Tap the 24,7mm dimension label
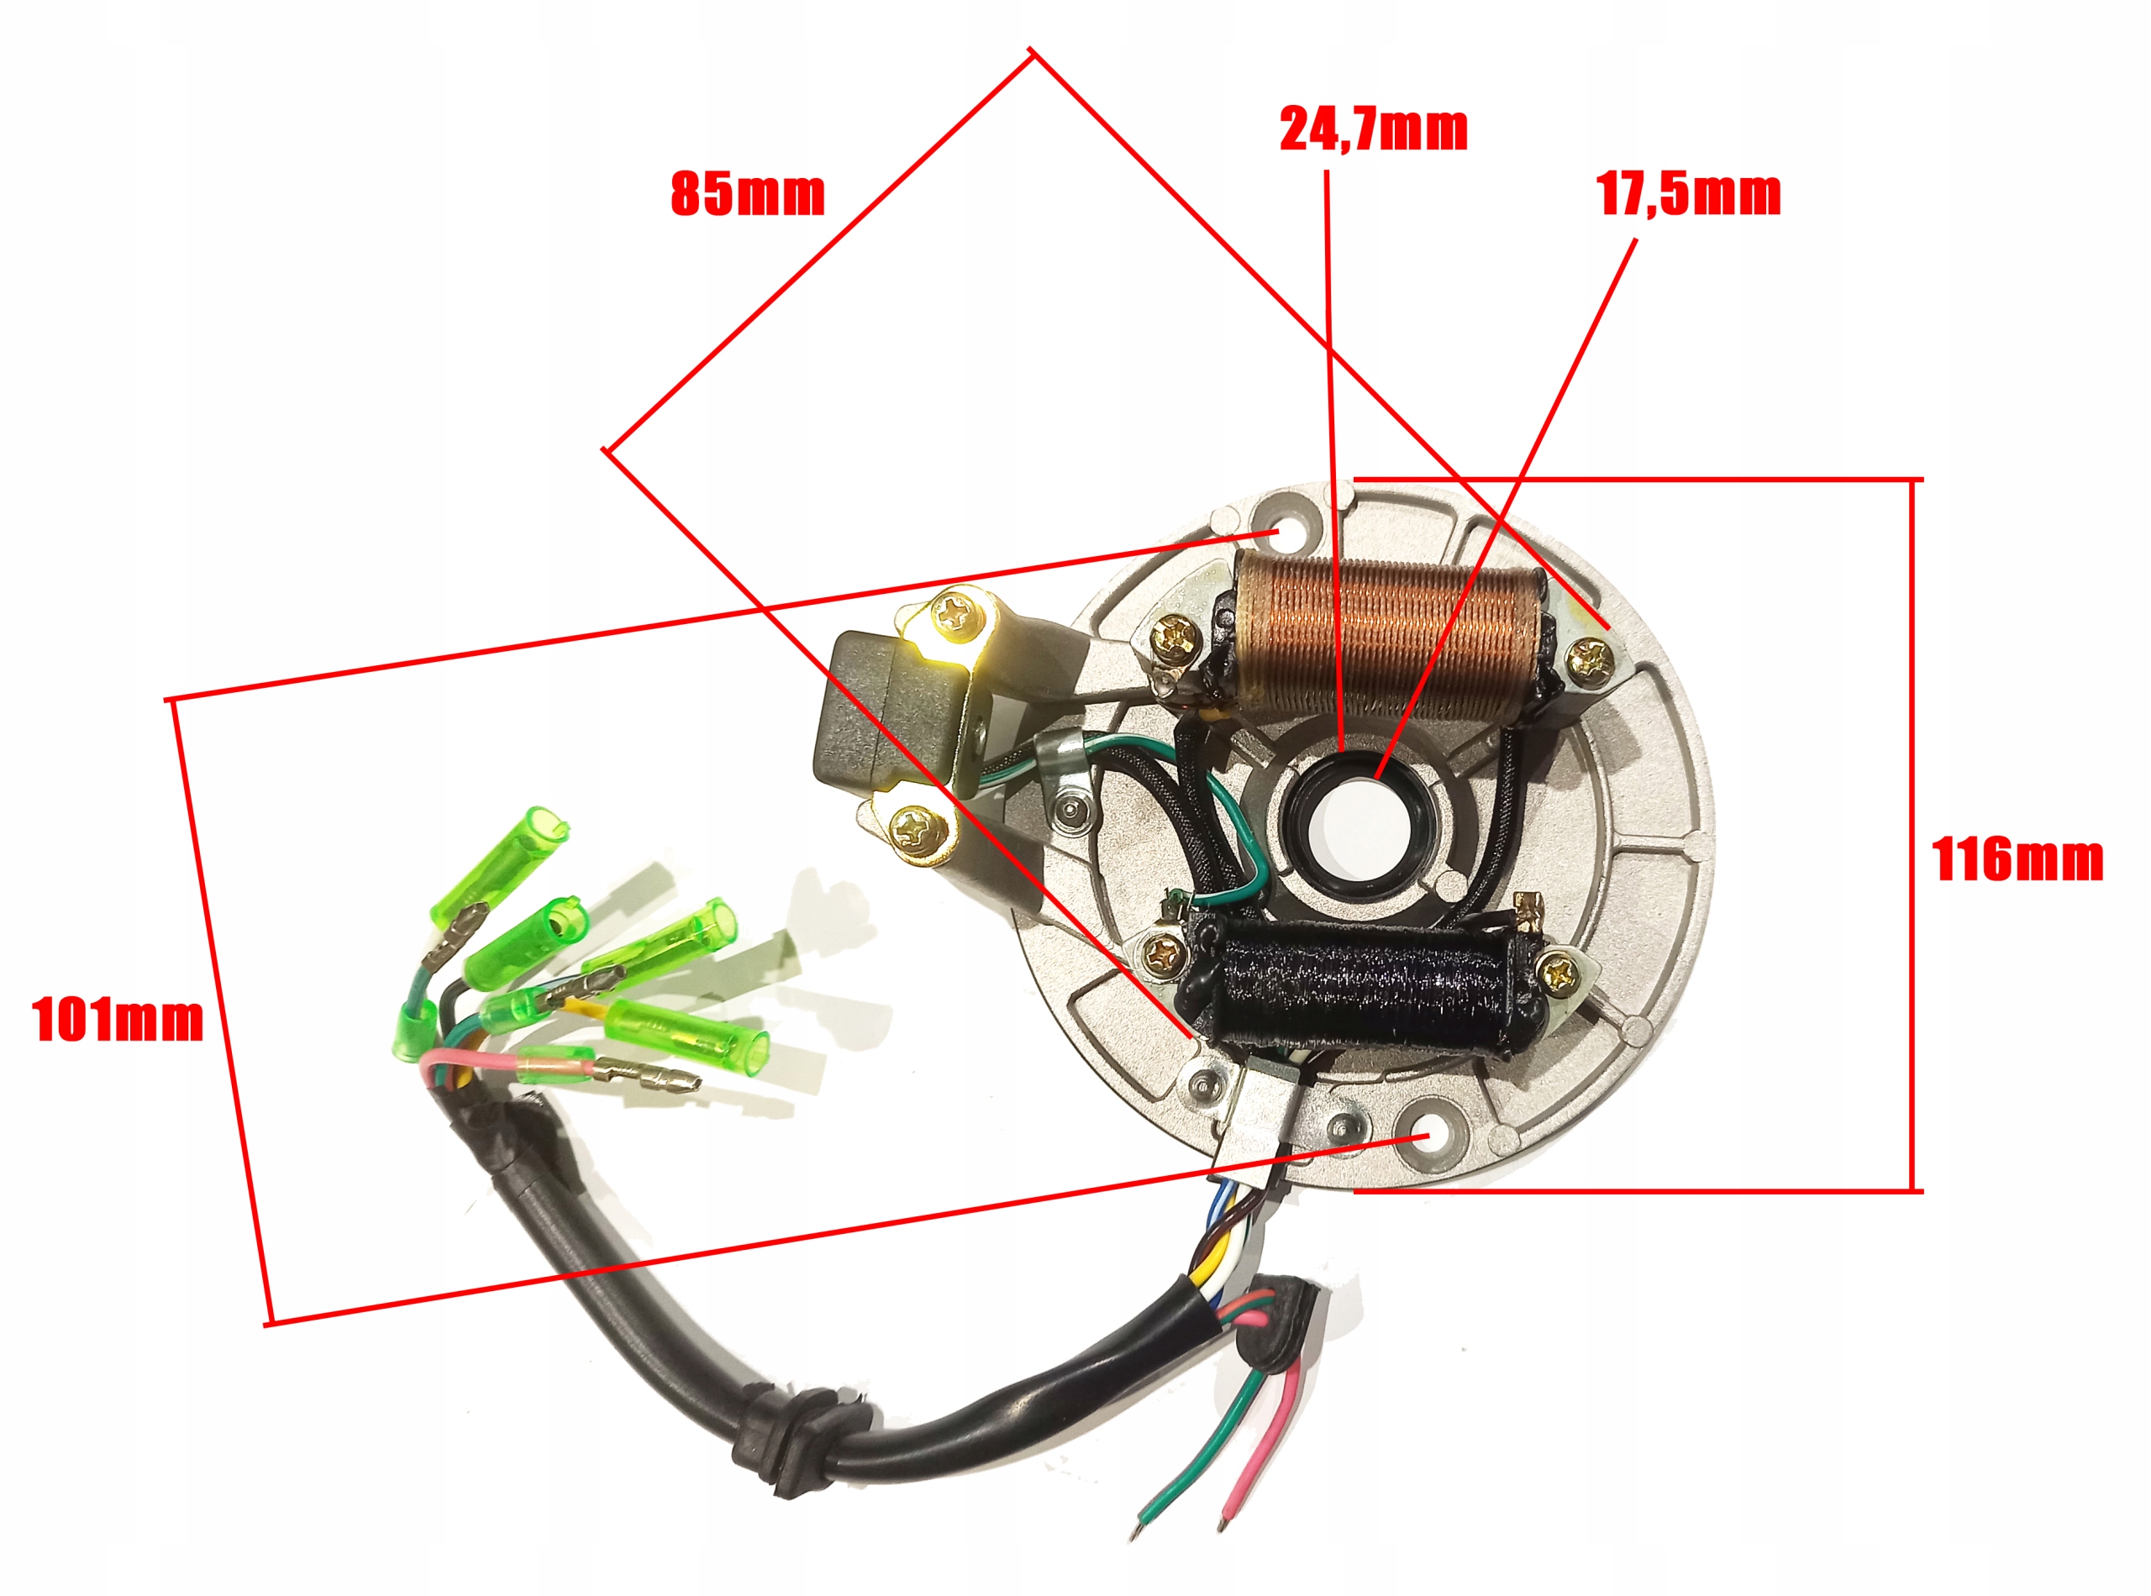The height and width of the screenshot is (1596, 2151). pyautogui.click(x=1373, y=129)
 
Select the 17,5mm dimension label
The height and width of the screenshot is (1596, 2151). pyautogui.click(x=1688, y=194)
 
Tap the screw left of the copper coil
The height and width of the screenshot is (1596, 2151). pyautogui.click(x=1178, y=635)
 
